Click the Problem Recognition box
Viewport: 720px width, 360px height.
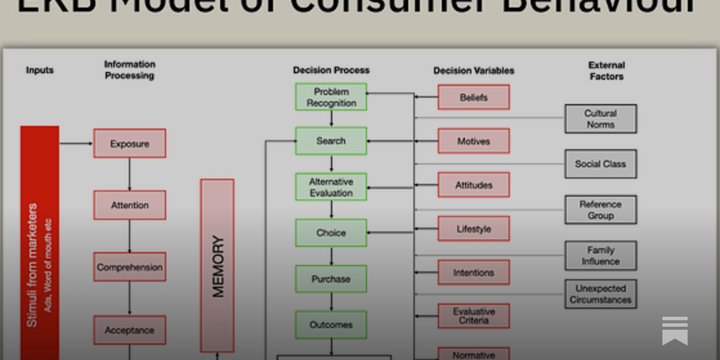tap(331, 97)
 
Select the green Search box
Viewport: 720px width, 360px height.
tap(331, 141)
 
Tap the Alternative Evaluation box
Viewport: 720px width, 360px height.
tap(331, 187)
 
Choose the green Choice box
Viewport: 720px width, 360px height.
tap(331, 233)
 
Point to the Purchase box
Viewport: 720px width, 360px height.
tap(331, 279)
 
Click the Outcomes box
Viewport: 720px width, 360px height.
tap(331, 324)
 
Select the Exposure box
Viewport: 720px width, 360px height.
tap(130, 144)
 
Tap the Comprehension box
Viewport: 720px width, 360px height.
tap(130, 267)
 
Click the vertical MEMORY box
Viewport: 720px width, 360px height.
tap(217, 265)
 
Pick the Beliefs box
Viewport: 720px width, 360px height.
tap(474, 97)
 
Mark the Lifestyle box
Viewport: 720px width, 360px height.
tap(474, 229)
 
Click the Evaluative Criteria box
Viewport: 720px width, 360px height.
tap(474, 316)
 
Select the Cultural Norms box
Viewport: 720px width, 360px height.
tap(601, 119)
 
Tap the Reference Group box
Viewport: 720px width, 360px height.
tap(601, 210)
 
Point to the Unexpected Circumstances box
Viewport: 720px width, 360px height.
tap(601, 294)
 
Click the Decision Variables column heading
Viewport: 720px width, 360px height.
tap(474, 70)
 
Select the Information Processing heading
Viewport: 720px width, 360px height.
tap(130, 70)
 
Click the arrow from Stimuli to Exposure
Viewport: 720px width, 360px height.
tap(76, 144)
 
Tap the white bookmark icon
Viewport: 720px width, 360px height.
tap(675, 331)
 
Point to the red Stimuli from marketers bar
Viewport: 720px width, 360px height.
tap(40, 243)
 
